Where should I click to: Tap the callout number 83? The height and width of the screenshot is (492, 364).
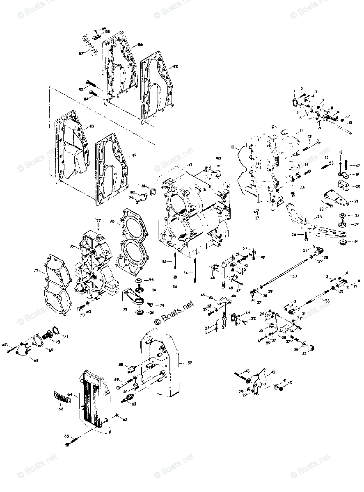click(92, 126)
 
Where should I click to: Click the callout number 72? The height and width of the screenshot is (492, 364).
click(36, 271)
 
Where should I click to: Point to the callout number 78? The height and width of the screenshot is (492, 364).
click(112, 221)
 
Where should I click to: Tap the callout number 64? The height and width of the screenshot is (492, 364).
click(70, 394)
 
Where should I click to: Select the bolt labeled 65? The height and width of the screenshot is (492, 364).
click(75, 442)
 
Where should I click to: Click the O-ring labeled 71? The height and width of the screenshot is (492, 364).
click(56, 330)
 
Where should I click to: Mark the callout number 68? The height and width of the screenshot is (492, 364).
click(36, 360)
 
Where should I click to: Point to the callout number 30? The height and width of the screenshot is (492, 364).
click(294, 276)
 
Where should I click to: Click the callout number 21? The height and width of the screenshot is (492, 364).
click(356, 201)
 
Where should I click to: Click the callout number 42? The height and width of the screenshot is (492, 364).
click(273, 372)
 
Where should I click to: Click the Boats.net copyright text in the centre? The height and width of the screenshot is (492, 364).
click(174, 314)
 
